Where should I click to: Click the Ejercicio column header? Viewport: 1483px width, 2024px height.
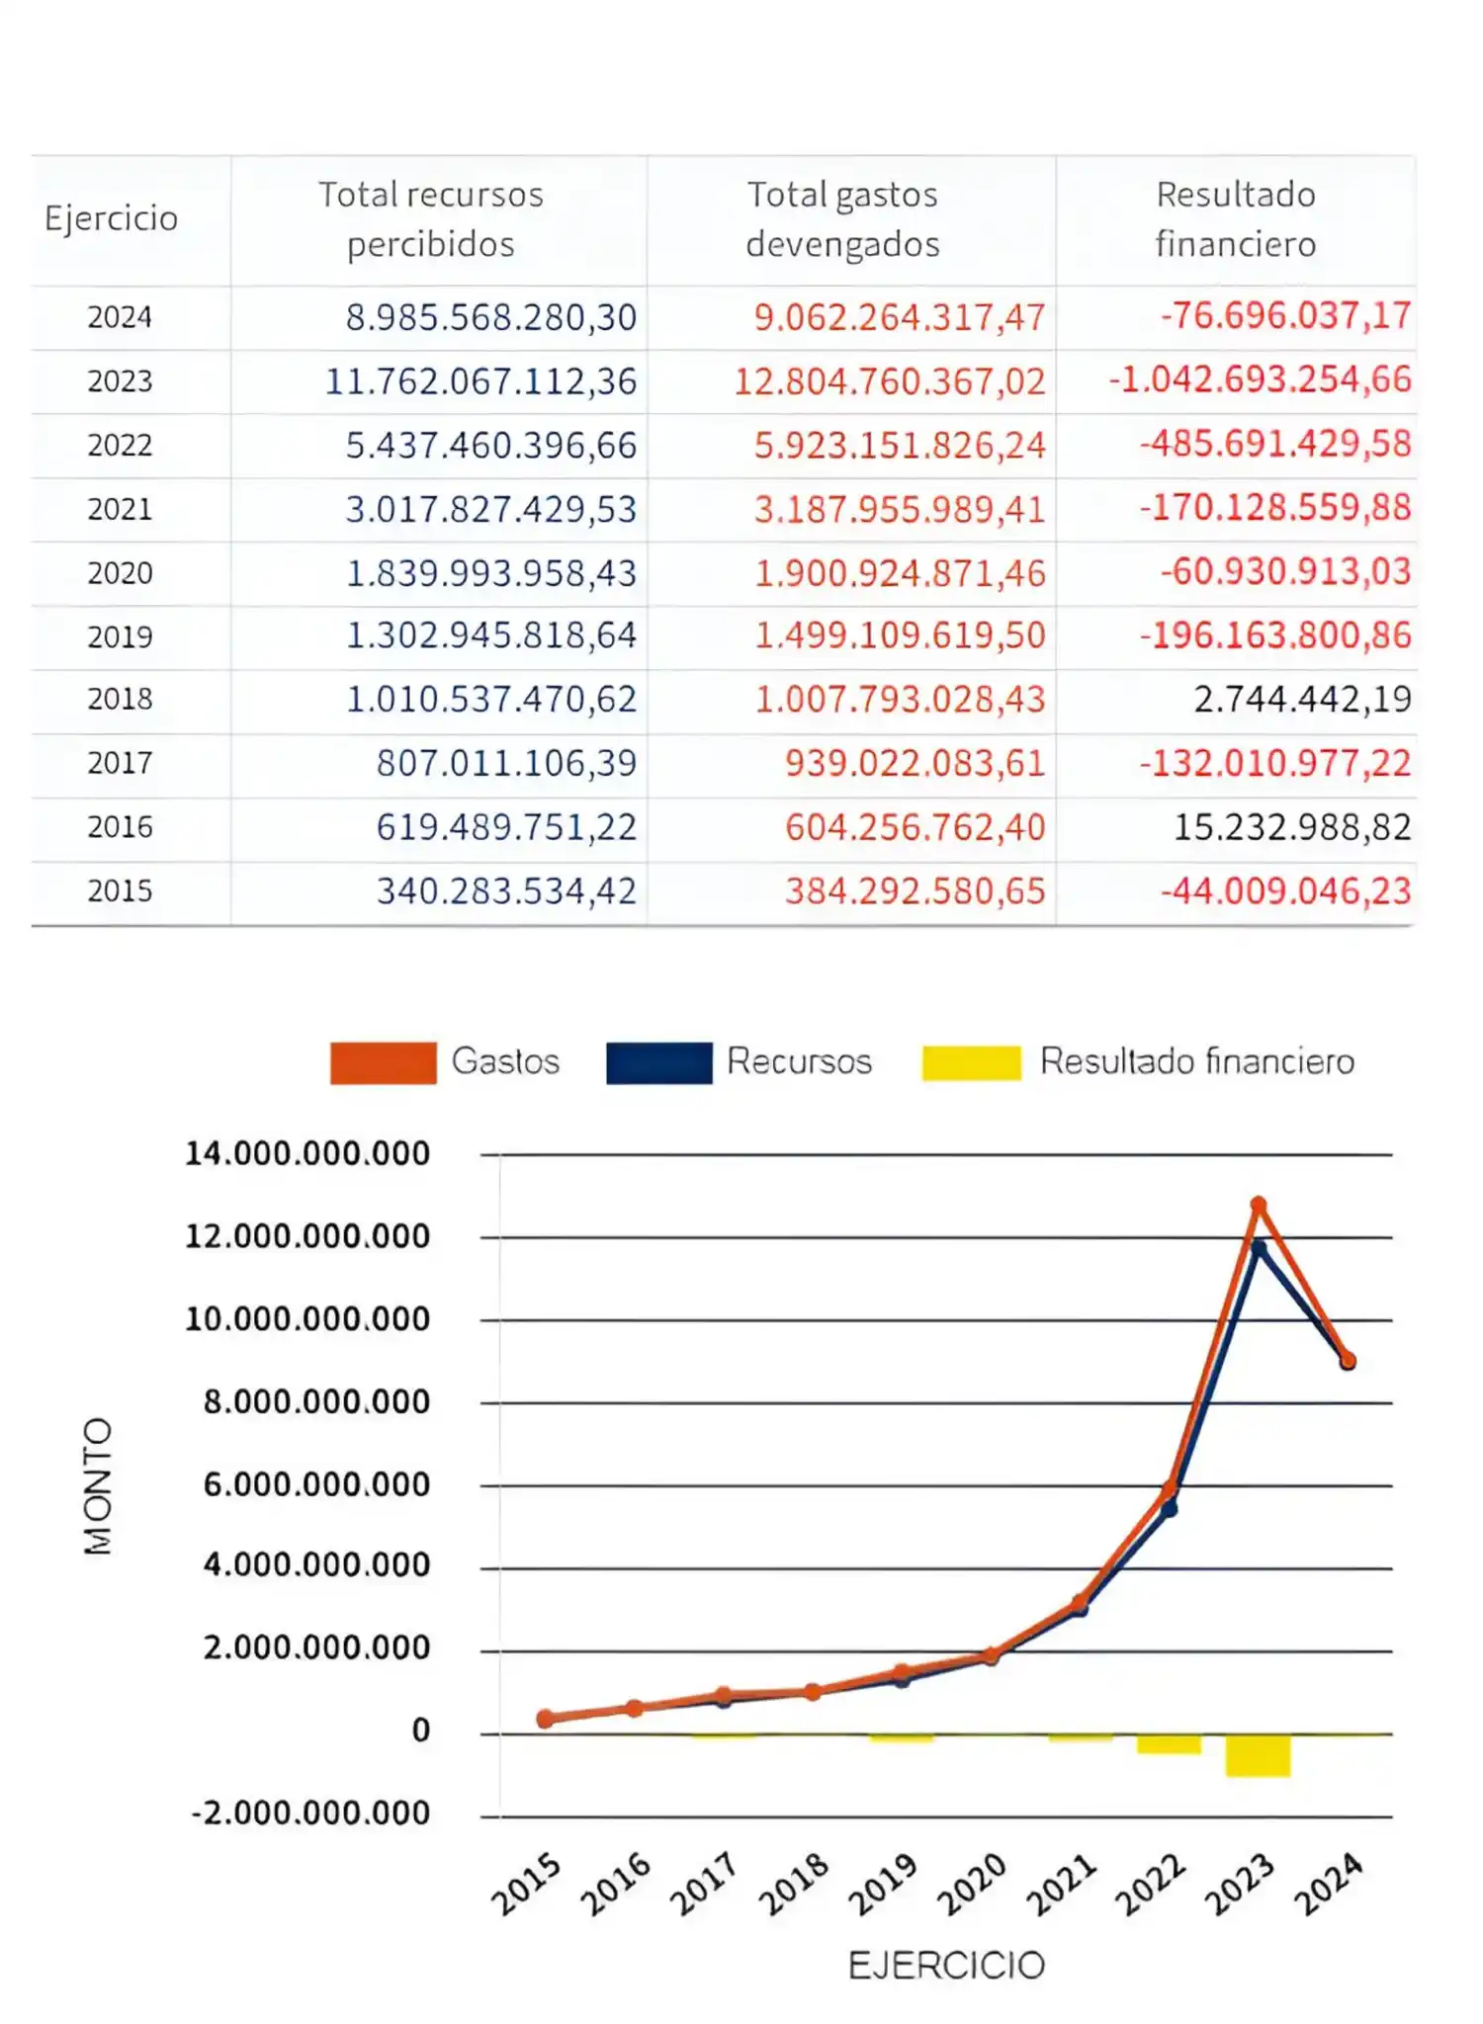(111, 218)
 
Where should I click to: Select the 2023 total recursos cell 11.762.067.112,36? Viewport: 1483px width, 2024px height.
(480, 381)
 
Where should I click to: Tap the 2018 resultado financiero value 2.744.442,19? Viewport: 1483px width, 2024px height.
(1301, 700)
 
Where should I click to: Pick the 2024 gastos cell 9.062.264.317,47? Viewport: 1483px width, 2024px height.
(899, 317)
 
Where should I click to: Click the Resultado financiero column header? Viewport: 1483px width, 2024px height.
(1235, 218)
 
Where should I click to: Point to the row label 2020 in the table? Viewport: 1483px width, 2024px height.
(120, 573)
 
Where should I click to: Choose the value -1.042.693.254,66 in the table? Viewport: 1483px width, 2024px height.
(1260, 380)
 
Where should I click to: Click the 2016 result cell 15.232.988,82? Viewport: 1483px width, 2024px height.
(1291, 827)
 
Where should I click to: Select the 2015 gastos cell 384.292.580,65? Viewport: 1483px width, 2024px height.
(915, 891)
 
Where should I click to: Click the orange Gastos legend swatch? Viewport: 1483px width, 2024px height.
(383, 1063)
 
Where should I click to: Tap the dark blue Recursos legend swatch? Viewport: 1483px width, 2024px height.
(658, 1063)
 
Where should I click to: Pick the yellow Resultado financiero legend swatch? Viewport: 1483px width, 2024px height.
(971, 1063)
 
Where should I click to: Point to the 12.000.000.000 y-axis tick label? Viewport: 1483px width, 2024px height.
(307, 1236)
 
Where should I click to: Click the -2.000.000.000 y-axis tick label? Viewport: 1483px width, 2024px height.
(310, 1813)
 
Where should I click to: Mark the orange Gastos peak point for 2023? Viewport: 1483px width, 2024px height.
(1259, 1205)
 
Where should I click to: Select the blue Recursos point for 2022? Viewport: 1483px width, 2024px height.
(1169, 1509)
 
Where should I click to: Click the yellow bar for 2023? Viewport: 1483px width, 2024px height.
(1258, 1755)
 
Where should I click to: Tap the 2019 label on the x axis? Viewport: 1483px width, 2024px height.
(883, 1885)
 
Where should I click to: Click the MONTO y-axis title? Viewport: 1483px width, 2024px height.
(98, 1486)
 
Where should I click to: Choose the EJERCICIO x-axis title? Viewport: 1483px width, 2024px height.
(946, 1966)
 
